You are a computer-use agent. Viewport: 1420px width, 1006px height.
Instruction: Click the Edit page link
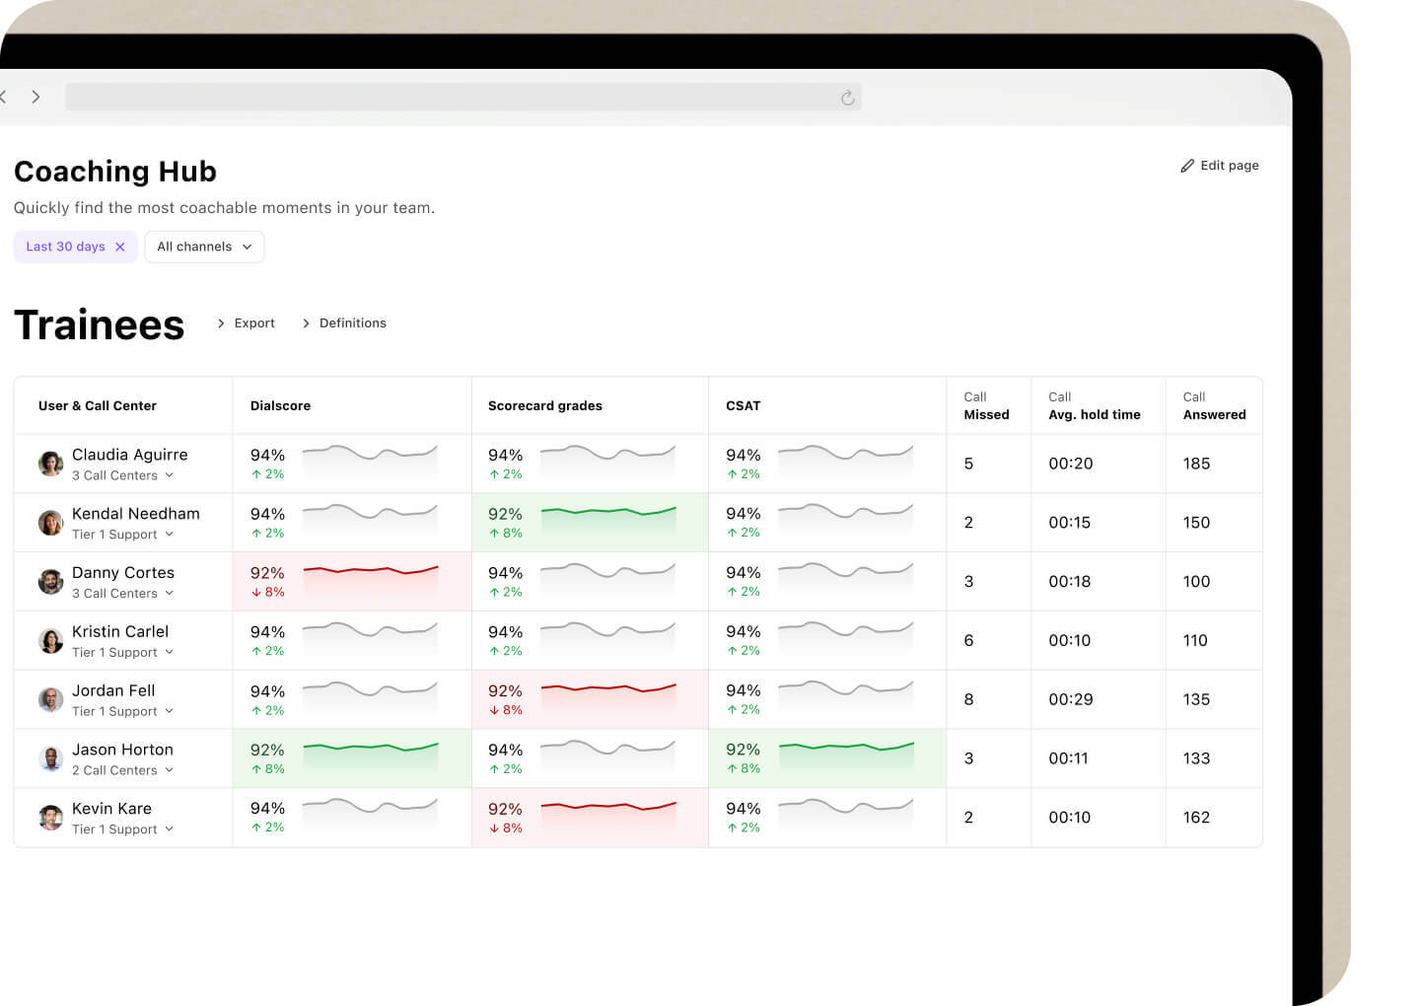click(x=1220, y=166)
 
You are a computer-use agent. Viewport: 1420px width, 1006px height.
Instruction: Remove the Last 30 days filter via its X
click(x=120, y=247)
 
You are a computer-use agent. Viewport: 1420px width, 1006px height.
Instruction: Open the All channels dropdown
click(x=204, y=247)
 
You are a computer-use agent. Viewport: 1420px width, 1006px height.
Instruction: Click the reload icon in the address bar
click(x=847, y=98)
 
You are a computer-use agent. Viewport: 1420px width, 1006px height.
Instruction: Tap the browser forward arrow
click(x=35, y=97)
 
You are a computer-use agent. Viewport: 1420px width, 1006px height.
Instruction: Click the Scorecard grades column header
click(x=544, y=405)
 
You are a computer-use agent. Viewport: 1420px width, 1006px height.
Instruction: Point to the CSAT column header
click(x=743, y=405)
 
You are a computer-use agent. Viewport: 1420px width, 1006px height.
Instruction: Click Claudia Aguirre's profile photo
click(x=50, y=464)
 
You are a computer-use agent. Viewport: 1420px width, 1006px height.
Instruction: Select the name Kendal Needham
click(x=135, y=514)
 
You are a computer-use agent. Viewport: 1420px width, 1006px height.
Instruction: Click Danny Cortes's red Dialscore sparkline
click(x=370, y=571)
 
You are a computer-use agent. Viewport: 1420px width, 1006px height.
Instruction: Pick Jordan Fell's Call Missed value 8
click(x=968, y=699)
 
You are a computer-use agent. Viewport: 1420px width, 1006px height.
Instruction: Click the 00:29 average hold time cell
click(x=1070, y=699)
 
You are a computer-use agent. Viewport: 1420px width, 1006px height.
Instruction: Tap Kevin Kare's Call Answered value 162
click(x=1196, y=818)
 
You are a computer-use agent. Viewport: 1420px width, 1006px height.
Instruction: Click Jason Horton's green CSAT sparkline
click(x=845, y=749)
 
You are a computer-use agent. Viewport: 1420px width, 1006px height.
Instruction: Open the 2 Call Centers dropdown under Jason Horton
click(x=122, y=770)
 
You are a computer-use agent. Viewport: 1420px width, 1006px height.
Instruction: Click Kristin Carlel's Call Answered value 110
click(x=1195, y=640)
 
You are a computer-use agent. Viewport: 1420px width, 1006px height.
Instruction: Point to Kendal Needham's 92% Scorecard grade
click(x=505, y=514)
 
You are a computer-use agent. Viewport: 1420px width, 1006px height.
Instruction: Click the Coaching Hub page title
click(x=115, y=172)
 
